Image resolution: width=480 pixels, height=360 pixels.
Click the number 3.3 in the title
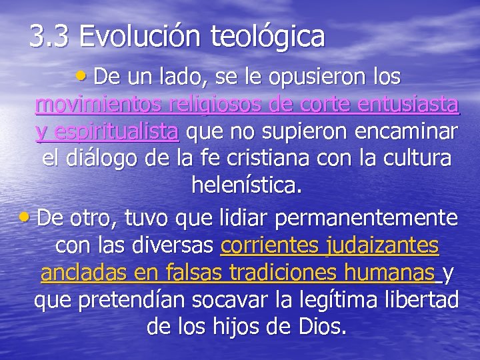tap(51, 37)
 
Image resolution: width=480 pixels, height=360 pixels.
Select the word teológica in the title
tap(268, 37)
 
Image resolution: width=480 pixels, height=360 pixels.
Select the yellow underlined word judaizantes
tap(383, 246)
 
